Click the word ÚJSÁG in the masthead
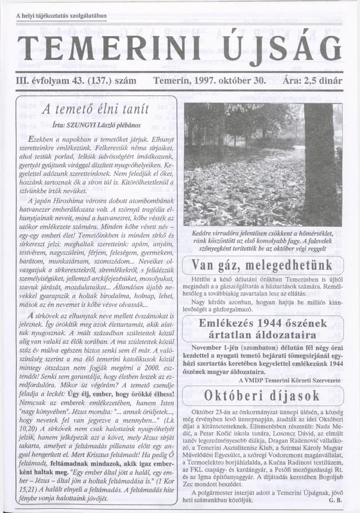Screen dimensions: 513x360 point(283,48)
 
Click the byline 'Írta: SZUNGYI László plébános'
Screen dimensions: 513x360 point(97,125)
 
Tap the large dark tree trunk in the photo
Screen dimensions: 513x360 point(319,162)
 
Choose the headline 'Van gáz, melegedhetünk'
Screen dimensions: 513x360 point(262,264)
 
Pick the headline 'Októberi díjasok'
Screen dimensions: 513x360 point(262,395)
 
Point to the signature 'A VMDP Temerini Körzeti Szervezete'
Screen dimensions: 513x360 point(290,380)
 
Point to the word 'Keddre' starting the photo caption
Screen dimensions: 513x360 point(201,233)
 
